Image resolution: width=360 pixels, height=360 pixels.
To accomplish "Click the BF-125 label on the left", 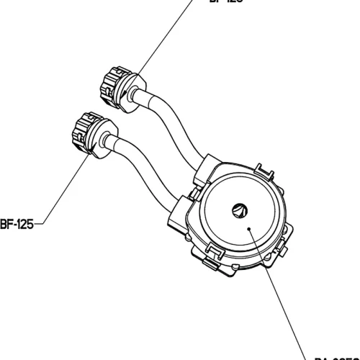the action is point(15,222).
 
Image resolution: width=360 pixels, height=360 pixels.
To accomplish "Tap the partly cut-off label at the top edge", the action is point(224,2).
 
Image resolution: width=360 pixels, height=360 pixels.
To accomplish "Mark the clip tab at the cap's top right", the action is point(265,171).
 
